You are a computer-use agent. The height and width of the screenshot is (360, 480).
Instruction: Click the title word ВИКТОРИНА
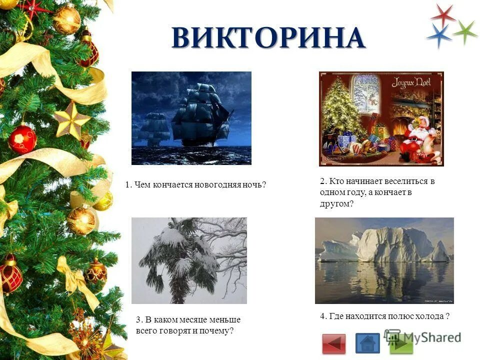pos(268,38)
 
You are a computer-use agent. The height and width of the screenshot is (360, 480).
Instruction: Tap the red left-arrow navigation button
pos(333,343)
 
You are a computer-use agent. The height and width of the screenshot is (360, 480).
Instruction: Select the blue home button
pos(367,343)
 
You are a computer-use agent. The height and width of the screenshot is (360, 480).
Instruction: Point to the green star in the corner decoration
pos(465,31)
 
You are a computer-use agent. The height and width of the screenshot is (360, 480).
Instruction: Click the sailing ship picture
pos(191,118)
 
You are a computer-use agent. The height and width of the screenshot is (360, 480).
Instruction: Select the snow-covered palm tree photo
pos(189,260)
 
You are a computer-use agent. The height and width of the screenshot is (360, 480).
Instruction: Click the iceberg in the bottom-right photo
pos(390,245)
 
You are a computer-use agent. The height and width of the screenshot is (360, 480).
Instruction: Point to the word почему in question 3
pos(216,331)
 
